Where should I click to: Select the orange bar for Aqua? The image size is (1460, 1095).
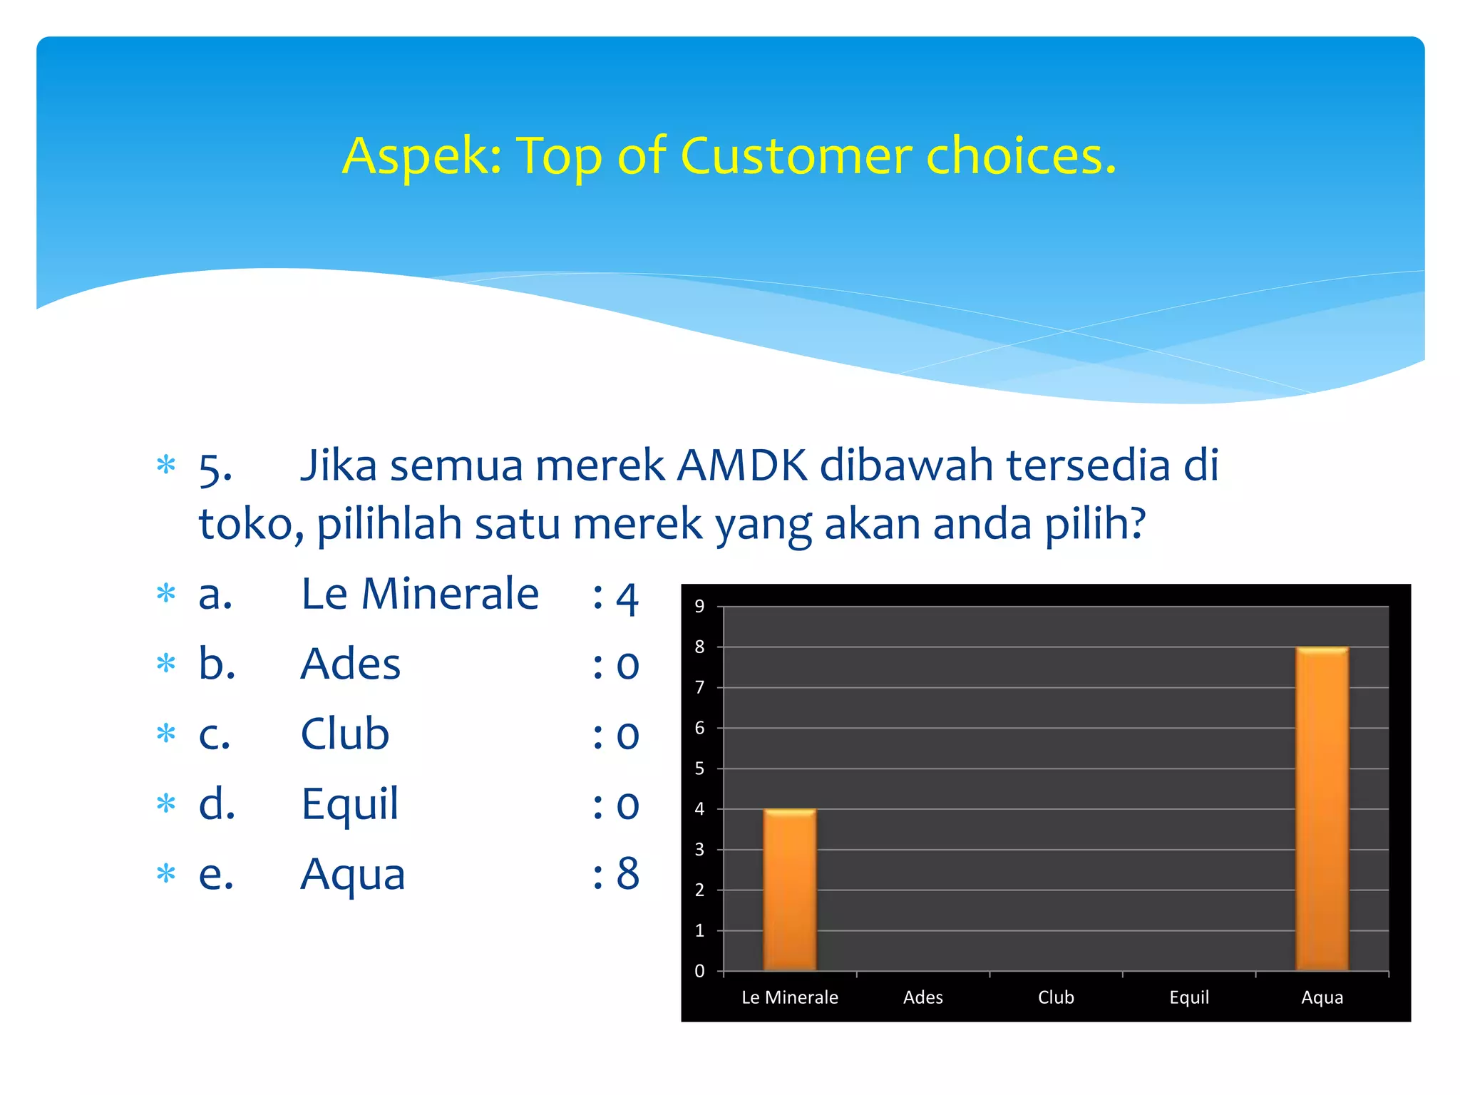pos(1322,809)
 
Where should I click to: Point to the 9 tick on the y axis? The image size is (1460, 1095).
pos(699,607)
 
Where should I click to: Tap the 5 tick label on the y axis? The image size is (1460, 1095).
pos(699,768)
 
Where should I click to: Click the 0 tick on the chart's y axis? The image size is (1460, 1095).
pos(699,971)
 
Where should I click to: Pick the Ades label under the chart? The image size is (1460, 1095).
pos(922,997)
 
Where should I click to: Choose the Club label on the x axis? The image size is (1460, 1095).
pos(1056,997)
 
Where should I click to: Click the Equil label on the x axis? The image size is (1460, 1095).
pos(1189,997)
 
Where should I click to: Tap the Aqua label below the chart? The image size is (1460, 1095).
pos(1322,997)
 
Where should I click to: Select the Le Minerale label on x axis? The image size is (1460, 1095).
pos(790,997)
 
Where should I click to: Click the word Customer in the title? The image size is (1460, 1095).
pos(796,155)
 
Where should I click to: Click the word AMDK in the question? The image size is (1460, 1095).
pos(741,466)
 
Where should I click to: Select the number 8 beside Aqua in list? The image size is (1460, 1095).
pos(627,874)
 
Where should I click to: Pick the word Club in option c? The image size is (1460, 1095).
pos(345,734)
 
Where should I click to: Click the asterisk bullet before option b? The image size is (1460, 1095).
pos(166,663)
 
